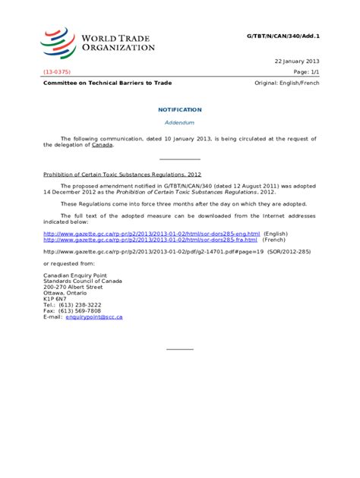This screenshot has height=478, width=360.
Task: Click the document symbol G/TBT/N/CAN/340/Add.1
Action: [x=283, y=36]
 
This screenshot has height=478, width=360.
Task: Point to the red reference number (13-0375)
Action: [x=58, y=71]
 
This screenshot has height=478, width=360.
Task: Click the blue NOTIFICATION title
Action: [x=179, y=110]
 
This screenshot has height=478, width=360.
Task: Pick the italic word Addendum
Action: [x=180, y=122]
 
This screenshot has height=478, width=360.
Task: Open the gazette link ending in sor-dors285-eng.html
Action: [x=151, y=234]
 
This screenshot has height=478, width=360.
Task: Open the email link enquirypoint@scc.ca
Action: [x=93, y=317]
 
